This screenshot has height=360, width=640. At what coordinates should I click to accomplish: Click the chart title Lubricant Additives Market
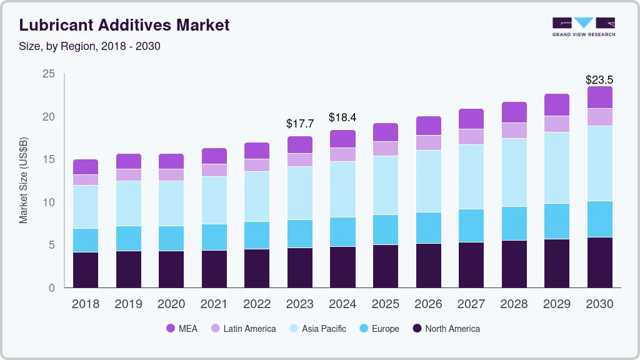click(x=124, y=25)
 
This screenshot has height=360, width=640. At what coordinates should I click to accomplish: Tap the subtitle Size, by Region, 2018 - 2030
click(x=90, y=46)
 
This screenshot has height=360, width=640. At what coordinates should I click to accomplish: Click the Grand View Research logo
click(x=583, y=26)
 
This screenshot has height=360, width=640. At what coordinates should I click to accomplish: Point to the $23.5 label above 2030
click(x=599, y=80)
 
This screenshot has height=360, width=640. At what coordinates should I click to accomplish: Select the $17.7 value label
click(x=300, y=124)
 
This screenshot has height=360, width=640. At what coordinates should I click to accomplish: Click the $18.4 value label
click(x=342, y=117)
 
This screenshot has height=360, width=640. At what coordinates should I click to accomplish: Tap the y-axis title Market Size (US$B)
click(x=24, y=181)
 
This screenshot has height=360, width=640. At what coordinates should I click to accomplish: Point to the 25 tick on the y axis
click(x=49, y=74)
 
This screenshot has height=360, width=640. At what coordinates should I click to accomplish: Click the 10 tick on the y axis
click(x=49, y=202)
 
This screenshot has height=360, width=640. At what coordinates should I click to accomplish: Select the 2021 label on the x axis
click(x=214, y=304)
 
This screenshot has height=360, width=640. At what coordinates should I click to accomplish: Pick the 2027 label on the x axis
click(x=471, y=304)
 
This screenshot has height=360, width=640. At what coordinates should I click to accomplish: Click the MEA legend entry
click(x=181, y=328)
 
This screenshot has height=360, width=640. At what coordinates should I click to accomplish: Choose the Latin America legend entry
click(x=243, y=328)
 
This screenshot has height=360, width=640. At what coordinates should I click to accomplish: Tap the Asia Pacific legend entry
click(x=317, y=328)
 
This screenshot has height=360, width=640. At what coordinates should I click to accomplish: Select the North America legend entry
click(x=446, y=328)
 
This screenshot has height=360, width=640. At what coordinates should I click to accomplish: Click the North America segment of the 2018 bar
click(x=86, y=269)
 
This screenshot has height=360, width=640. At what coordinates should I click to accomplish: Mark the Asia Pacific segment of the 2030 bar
click(x=600, y=163)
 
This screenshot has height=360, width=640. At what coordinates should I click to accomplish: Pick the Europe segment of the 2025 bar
click(x=386, y=229)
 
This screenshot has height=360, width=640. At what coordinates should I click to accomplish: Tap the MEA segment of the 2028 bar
click(x=514, y=112)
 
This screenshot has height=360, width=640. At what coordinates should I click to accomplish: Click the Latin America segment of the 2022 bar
click(x=257, y=165)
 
